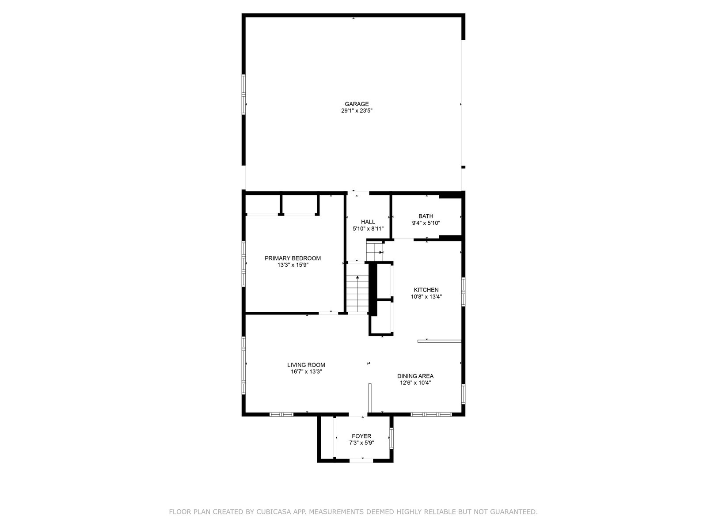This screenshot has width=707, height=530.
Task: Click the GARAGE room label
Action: point(357,104)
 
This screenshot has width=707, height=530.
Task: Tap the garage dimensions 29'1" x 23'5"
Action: point(357,111)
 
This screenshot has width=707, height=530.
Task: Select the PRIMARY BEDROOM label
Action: point(293,258)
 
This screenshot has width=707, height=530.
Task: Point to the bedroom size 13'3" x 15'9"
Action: point(293,265)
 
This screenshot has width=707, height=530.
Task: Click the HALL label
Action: point(368,222)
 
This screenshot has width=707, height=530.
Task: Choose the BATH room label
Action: point(426,216)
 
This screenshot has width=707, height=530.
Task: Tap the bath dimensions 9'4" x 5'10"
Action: point(426,223)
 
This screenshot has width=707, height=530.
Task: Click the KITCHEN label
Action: point(426,290)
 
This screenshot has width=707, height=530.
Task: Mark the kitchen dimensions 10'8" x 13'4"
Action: point(426,297)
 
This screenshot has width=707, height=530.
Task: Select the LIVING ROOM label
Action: point(306,365)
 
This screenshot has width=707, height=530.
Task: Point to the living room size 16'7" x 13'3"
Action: point(306,372)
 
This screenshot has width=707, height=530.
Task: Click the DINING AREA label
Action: point(415,376)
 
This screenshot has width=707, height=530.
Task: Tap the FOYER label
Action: point(361,436)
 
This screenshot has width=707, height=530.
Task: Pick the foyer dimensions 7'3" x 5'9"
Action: point(361,443)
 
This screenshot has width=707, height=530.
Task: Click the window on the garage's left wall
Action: point(243,94)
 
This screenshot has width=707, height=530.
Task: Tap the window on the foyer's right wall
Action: point(392,438)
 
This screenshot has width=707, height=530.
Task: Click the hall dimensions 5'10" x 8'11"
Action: point(368,229)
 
